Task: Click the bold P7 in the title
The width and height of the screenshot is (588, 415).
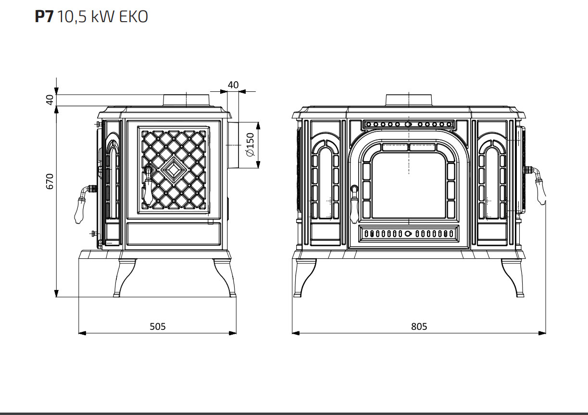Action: (44, 17)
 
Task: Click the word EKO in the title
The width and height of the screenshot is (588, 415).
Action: (134, 17)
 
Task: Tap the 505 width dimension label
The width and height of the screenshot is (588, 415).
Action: (158, 327)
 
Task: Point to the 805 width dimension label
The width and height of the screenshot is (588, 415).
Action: (419, 327)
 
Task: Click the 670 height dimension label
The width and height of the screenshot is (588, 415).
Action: (50, 181)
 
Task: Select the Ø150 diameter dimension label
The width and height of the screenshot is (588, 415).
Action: (250, 145)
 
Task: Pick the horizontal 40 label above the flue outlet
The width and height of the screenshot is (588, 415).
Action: (233, 85)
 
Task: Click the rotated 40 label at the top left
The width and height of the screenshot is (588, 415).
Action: (50, 100)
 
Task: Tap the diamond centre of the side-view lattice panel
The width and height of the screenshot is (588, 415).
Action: (174, 170)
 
